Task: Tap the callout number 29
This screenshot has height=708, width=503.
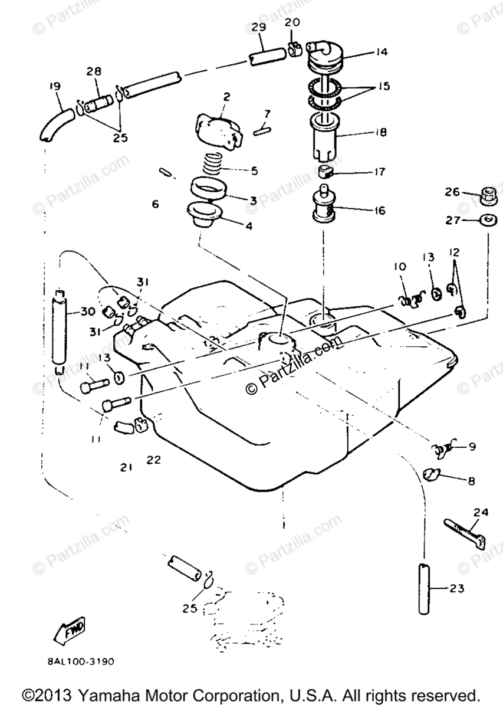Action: point(258,28)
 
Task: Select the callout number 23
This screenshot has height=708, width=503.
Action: point(456,588)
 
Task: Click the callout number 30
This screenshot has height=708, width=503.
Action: point(87,313)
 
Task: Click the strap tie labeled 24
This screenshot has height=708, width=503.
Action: point(465,532)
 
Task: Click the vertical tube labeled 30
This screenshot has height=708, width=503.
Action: point(59,330)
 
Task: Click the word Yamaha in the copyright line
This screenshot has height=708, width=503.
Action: point(96,694)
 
